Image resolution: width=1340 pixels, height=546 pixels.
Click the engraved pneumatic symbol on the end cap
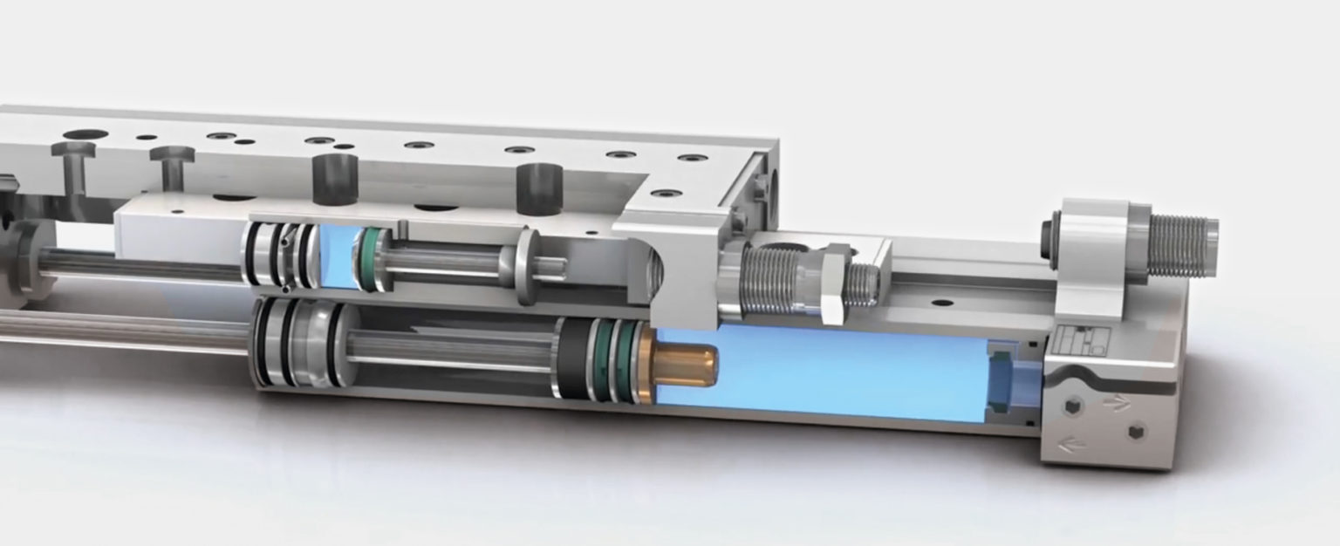(1079, 340)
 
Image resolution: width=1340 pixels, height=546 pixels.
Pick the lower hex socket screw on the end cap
(1135, 432)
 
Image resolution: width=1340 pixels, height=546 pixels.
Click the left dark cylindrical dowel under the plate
(336, 178)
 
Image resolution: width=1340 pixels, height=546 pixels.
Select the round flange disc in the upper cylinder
(527, 267)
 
